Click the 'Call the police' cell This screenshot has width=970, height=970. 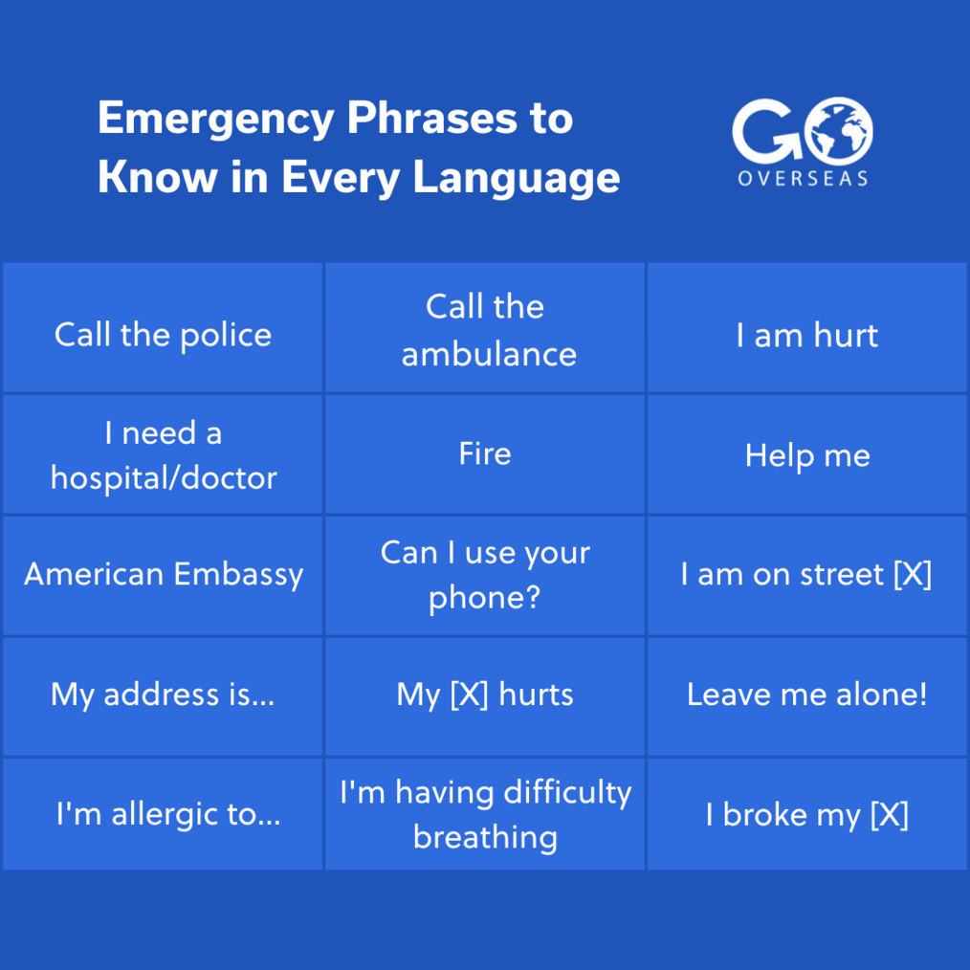tap(163, 327)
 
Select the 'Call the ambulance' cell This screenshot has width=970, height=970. tap(485, 327)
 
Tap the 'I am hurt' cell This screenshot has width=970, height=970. tap(806, 327)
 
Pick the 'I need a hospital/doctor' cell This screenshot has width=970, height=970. tap(163, 454)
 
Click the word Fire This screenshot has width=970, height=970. tap(485, 453)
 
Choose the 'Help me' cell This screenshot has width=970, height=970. tap(806, 454)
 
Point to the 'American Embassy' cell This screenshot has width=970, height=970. tap(163, 575)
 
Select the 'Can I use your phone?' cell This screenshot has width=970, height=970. tap(485, 575)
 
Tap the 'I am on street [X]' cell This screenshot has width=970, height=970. tap(806, 575)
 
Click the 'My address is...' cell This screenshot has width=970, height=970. tap(163, 696)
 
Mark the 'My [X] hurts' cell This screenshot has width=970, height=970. tap(485, 696)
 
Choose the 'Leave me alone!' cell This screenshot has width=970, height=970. tap(806, 696)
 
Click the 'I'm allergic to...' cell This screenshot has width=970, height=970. tap(163, 814)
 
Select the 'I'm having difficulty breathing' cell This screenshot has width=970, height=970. tap(485, 814)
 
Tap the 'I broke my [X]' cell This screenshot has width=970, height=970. tap(806, 814)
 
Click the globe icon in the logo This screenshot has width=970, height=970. tap(839, 131)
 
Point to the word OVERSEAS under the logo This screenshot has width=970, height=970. tap(803, 179)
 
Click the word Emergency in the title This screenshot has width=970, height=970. tap(216, 120)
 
